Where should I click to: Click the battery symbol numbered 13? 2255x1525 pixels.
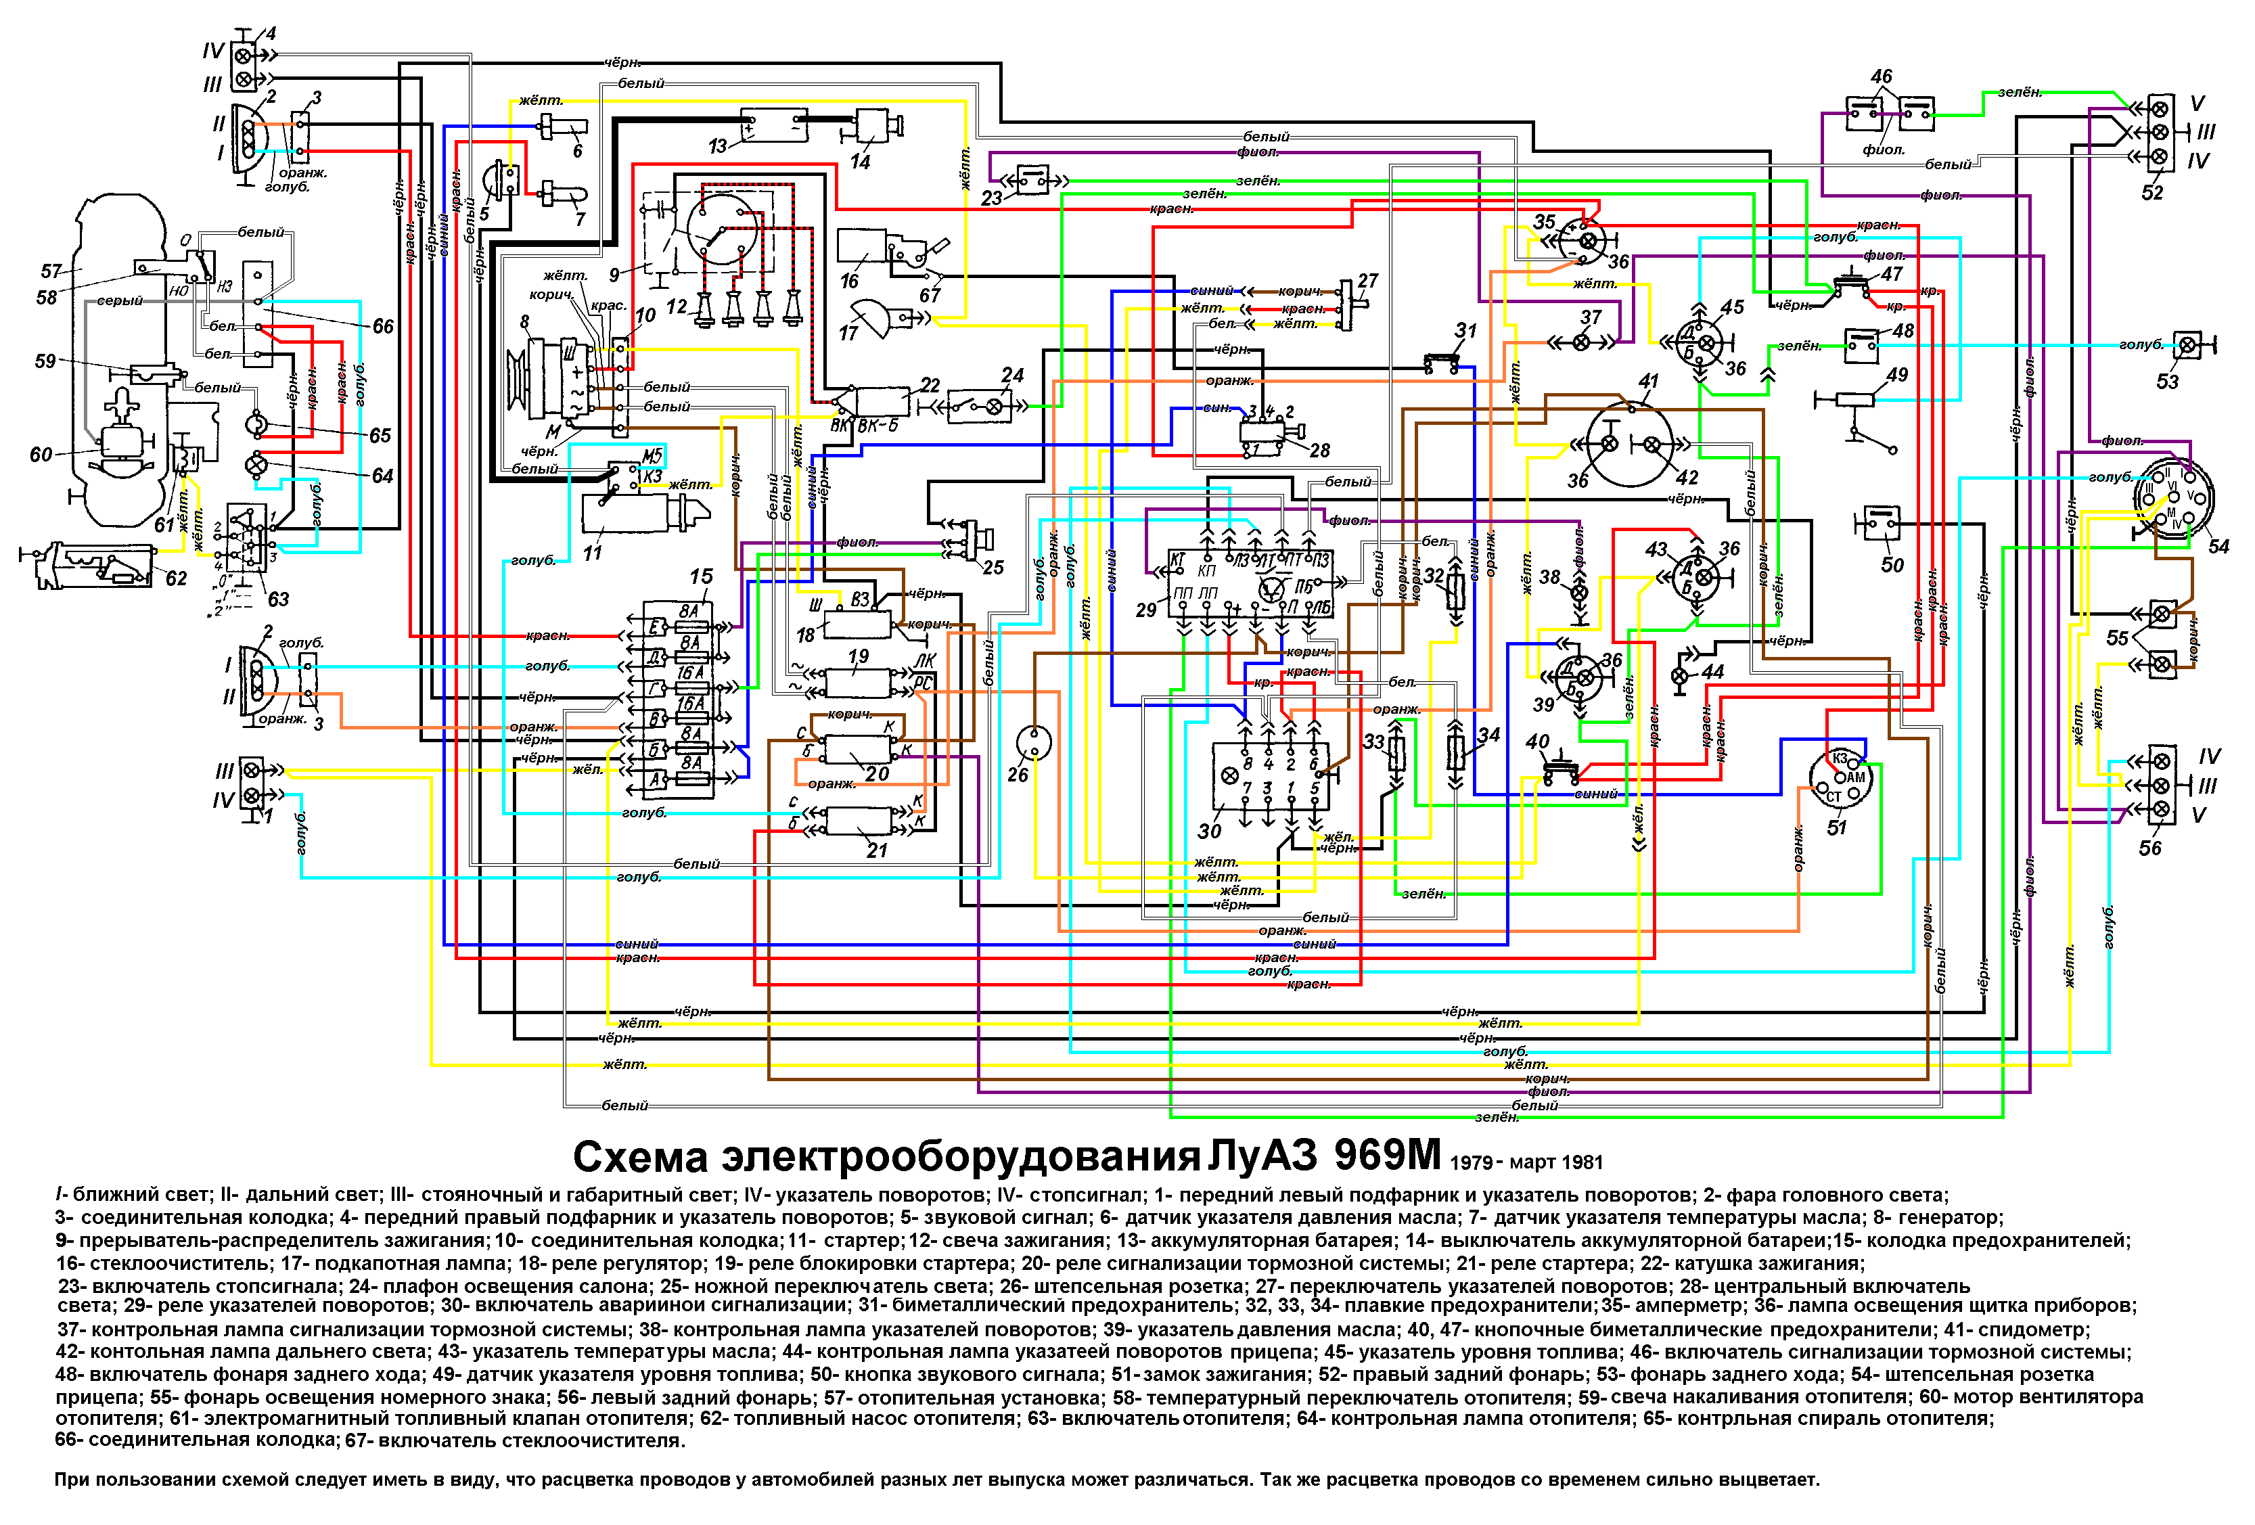pyautogui.click(x=773, y=125)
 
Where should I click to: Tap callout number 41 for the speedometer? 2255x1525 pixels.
pyautogui.click(x=1647, y=382)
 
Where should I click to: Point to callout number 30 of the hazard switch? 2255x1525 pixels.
pyautogui.click(x=1209, y=832)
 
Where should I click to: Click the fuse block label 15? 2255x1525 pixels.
pyautogui.click(x=700, y=576)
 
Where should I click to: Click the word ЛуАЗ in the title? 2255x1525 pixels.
pyautogui.click(x=1261, y=1156)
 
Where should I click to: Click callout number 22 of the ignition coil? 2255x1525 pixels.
pyautogui.click(x=930, y=385)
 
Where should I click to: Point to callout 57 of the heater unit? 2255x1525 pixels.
pyautogui.click(x=51, y=271)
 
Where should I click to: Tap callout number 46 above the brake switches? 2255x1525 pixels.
pyautogui.click(x=1880, y=76)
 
